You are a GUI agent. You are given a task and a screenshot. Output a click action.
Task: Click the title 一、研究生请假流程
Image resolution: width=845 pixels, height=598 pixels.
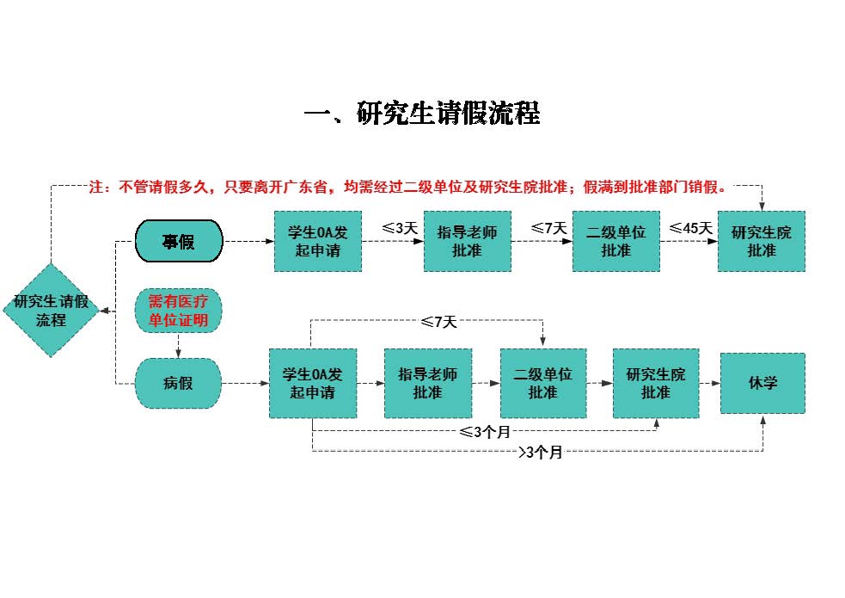pyautogui.click(x=422, y=114)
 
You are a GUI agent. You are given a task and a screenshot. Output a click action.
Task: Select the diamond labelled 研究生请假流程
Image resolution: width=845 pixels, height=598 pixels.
pyautogui.click(x=51, y=311)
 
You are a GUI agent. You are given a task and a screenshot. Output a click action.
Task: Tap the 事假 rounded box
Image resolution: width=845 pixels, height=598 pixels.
pyautogui.click(x=179, y=241)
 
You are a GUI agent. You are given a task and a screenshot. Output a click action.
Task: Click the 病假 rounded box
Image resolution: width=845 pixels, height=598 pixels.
pyautogui.click(x=179, y=383)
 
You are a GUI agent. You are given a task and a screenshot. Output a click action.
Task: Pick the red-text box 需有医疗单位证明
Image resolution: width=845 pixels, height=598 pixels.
pyautogui.click(x=179, y=311)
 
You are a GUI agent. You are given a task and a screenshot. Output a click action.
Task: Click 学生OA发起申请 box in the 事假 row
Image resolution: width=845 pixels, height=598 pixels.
pyautogui.click(x=318, y=241)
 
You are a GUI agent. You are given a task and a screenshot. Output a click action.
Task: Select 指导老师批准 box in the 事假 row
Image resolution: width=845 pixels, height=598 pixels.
pyautogui.click(x=467, y=241)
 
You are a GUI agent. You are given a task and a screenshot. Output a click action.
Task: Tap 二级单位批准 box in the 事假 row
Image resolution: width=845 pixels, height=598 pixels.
pyautogui.click(x=615, y=241)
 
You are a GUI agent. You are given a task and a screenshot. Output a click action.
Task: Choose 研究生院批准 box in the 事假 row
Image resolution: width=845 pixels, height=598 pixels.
pyautogui.click(x=761, y=241)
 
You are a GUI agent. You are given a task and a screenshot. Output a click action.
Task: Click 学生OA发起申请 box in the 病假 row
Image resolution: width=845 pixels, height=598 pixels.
pyautogui.click(x=312, y=383)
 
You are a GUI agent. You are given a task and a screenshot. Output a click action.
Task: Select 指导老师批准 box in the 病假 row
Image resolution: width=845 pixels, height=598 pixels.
pyautogui.click(x=427, y=383)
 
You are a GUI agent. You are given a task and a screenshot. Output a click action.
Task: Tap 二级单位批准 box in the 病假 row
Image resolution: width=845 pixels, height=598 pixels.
pyautogui.click(x=543, y=383)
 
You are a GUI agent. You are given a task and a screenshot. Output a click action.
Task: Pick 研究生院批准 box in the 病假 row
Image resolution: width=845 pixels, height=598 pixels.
pyautogui.click(x=656, y=383)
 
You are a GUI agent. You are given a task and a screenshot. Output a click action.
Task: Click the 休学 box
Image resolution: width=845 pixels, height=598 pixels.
pyautogui.click(x=762, y=383)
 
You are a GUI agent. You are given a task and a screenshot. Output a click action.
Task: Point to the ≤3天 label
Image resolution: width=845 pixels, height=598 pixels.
pyautogui.click(x=400, y=229)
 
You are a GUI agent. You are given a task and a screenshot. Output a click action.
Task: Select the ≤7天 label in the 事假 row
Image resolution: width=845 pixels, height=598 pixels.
pyautogui.click(x=549, y=229)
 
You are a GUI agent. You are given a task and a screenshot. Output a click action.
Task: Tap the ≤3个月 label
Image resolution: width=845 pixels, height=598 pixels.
pyautogui.click(x=485, y=432)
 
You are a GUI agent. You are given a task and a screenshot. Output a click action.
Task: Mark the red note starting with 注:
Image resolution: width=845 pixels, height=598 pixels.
pyautogui.click(x=409, y=187)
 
